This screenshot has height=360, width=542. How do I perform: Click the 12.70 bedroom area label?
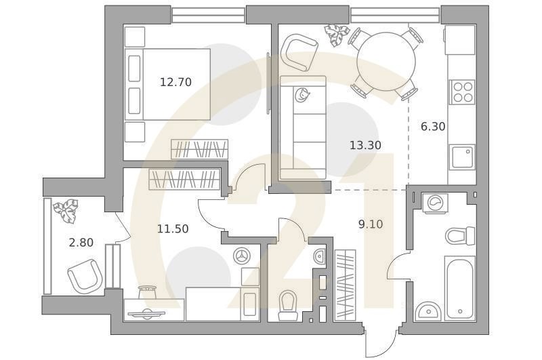point(175,83)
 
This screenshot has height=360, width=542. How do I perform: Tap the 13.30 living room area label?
point(365,145)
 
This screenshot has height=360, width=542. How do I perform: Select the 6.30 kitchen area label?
point(433,126)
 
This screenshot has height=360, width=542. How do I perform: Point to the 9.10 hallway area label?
point(371,223)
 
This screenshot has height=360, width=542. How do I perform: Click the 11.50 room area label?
point(173,229)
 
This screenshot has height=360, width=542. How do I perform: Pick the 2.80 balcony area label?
point(81,242)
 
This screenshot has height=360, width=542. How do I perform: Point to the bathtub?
point(460,287)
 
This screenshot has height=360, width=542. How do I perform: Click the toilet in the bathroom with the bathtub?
point(459,236)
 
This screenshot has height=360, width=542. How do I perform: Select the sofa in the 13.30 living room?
point(303,128)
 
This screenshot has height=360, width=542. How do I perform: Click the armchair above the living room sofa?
point(299,53)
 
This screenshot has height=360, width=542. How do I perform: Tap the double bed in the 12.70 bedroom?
point(169,85)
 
